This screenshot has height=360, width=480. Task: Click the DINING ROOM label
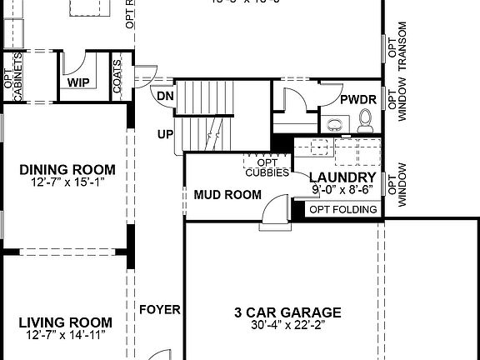67,169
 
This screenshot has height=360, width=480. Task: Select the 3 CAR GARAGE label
287,312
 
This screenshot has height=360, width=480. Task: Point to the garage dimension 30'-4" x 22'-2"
287,326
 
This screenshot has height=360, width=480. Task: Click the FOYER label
160,309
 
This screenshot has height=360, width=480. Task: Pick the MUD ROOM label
227,195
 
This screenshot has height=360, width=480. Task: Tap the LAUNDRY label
342,177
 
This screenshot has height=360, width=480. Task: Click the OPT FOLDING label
342,209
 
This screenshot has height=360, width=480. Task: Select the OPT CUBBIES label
267,167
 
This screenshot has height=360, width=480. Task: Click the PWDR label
359,100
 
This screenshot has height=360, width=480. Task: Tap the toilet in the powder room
364,125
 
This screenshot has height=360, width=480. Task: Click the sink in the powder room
335,126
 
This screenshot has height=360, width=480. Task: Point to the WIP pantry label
79,83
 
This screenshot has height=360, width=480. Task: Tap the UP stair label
165,133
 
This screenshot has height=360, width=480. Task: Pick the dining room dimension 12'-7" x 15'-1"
67,182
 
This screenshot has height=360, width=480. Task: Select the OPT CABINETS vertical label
13,77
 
